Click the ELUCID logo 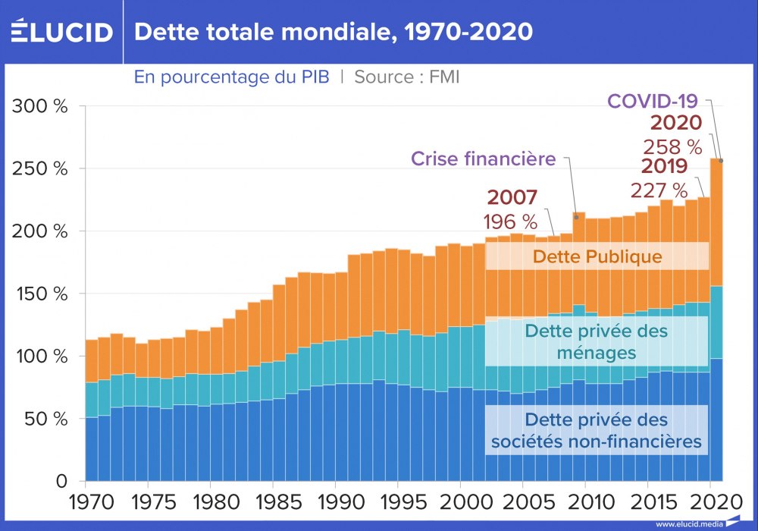click(61, 32)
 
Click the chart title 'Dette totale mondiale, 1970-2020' click(333, 32)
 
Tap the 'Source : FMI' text click(407, 77)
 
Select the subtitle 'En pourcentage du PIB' click(231, 77)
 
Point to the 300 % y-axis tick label click(40, 106)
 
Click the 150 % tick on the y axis click(40, 294)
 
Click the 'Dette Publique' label click(597, 256)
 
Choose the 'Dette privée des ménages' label click(597, 341)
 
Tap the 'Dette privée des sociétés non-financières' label click(597, 429)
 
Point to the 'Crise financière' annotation click(484, 159)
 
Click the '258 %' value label click(672, 146)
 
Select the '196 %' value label click(510, 222)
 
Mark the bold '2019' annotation click(664, 166)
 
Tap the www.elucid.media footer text click(688, 523)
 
